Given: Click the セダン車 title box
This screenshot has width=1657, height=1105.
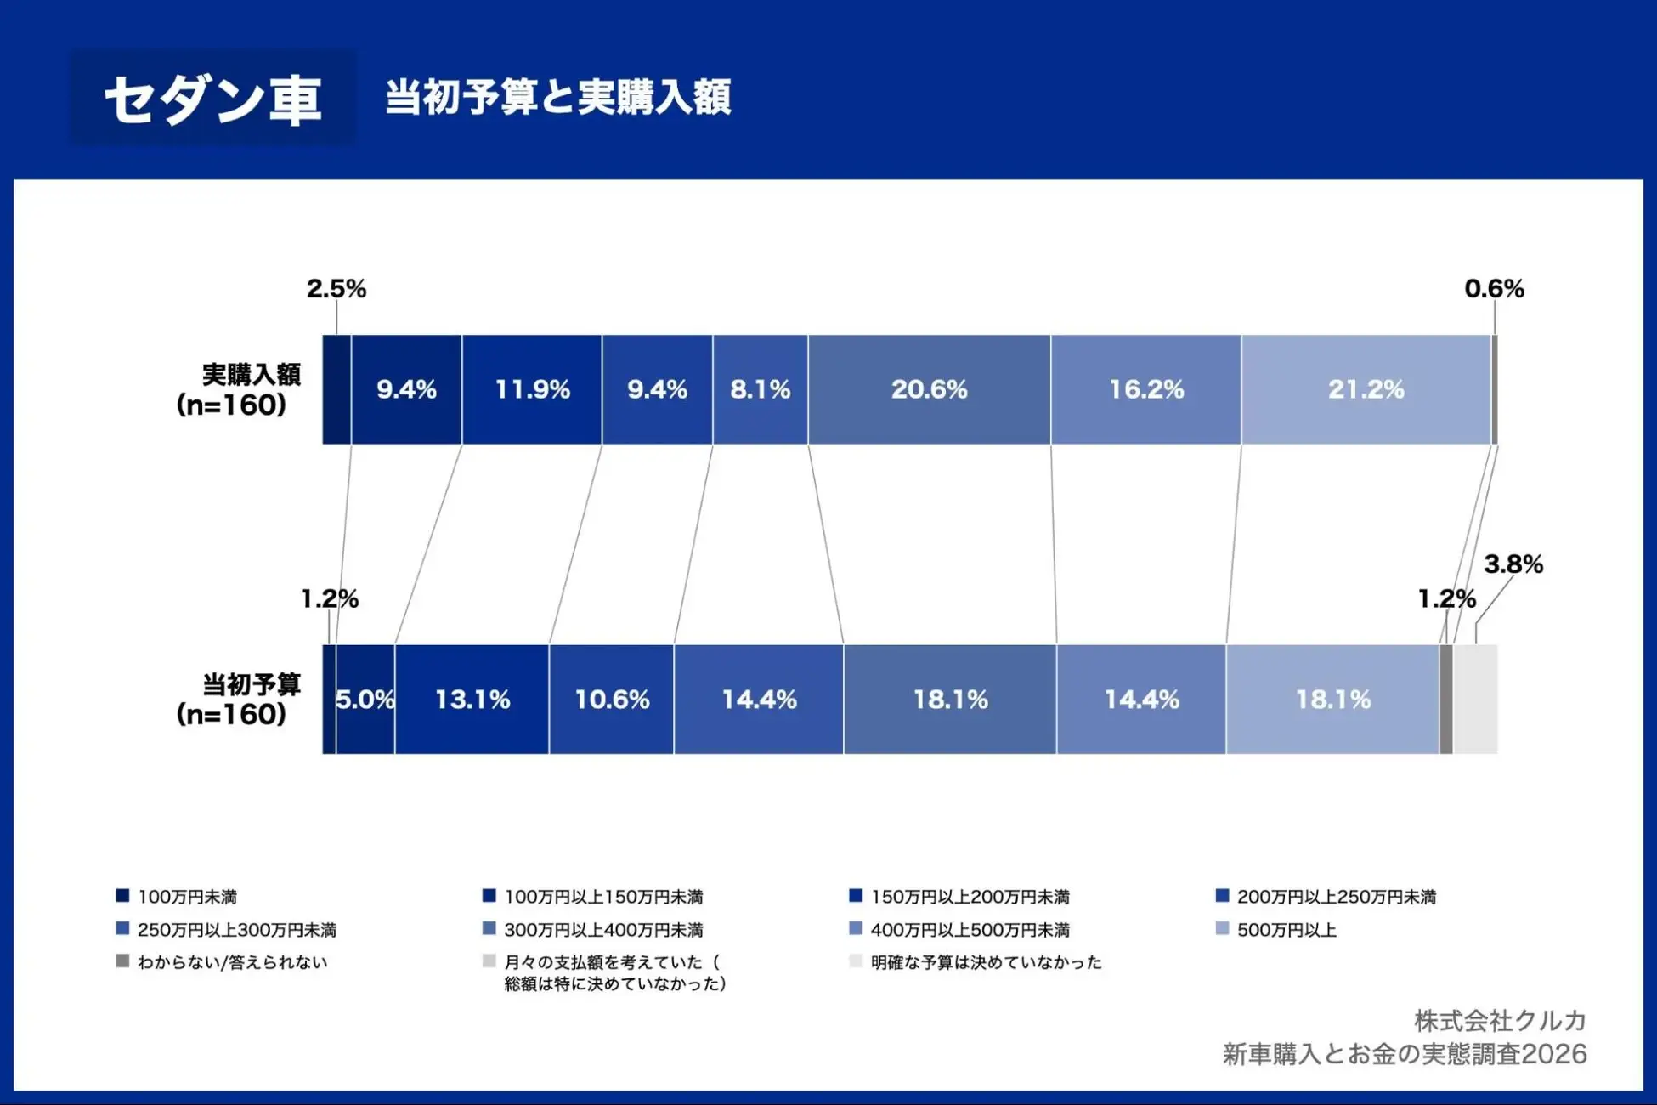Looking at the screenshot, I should point(212,99).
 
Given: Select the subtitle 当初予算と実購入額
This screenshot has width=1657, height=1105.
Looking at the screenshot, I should point(557,97).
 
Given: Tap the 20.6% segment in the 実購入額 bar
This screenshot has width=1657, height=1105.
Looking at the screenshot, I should point(929,389).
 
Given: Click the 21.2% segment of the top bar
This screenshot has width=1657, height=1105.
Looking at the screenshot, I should point(1366,389).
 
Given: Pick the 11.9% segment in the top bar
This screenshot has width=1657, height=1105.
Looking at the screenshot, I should point(532,389).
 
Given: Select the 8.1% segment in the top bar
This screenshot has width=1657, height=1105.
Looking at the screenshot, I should point(760,389).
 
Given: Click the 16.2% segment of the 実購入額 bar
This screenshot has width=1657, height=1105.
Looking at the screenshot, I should point(1145,389).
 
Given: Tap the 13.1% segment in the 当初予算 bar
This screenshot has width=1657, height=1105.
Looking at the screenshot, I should point(472,700).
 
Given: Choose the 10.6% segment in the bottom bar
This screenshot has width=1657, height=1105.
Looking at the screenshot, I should point(612,700).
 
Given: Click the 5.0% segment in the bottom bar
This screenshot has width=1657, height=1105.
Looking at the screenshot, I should point(365,700).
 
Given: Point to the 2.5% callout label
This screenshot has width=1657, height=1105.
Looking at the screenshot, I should point(336,289).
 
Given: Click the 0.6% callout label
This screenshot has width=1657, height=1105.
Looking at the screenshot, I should point(1494,289).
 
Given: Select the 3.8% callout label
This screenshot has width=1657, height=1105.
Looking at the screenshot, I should point(1513,564).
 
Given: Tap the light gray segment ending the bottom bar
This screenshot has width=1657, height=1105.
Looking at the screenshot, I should point(1476,700).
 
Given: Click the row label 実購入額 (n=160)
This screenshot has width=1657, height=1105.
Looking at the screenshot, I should point(238,389).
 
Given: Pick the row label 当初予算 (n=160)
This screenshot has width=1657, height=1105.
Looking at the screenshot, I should point(238,699).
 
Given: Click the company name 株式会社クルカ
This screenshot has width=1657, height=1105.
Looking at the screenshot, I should point(1500,1020).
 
